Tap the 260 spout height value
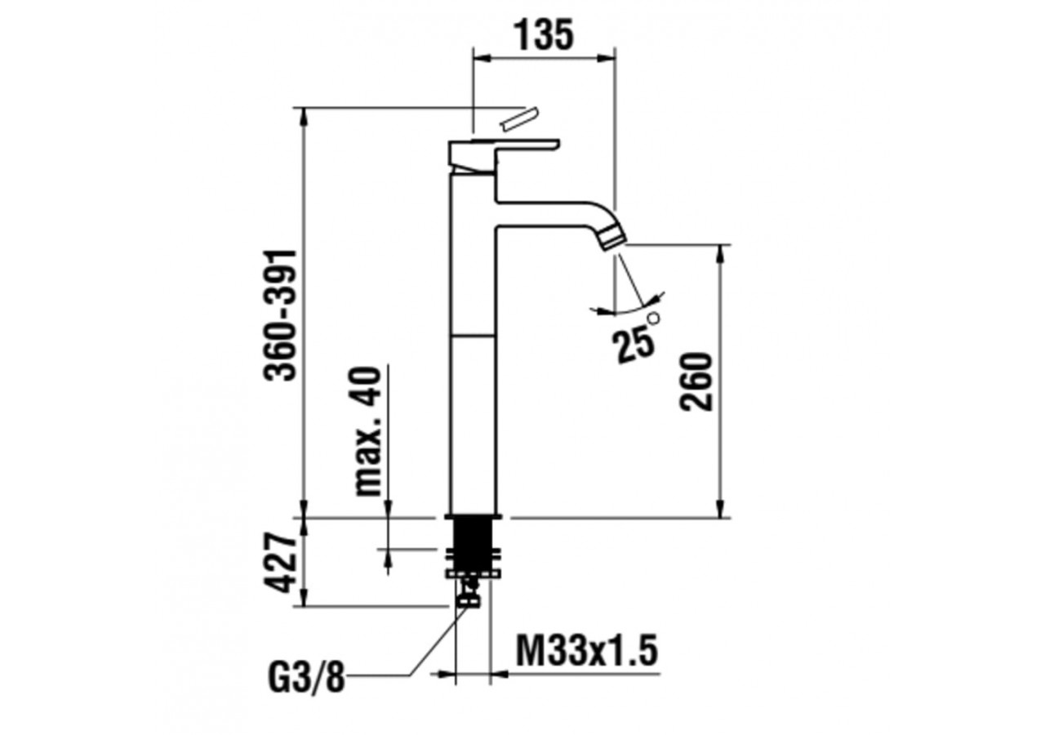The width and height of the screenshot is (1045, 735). [x=699, y=381]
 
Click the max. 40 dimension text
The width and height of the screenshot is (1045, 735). [x=369, y=431]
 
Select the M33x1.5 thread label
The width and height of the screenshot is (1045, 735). [x=587, y=652]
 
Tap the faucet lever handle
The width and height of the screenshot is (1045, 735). [x=504, y=150]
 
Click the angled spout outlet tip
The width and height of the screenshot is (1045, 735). [x=611, y=238]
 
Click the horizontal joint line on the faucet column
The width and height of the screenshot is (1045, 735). [x=474, y=334]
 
